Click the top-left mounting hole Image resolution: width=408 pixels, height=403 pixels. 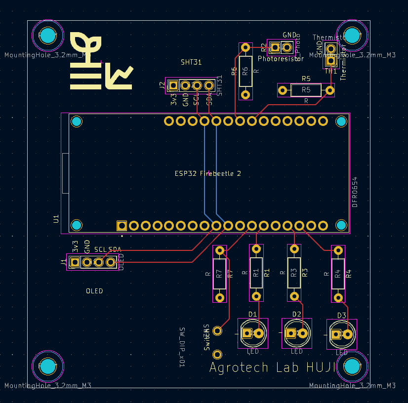[x=47, y=36]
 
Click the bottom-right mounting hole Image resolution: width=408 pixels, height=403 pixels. [x=352, y=366]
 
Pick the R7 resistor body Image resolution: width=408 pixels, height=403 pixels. [x=220, y=274]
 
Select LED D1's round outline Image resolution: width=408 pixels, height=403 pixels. [x=252, y=333]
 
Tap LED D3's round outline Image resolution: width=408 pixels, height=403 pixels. [x=342, y=334]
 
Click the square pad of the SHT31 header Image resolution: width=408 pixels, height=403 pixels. [x=173, y=85]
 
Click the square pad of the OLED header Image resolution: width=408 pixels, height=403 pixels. [x=75, y=262]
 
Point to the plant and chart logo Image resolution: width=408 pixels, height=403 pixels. [x=101, y=62]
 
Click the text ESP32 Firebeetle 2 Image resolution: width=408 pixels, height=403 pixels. [x=208, y=173]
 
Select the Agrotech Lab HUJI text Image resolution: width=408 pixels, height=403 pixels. [x=273, y=367]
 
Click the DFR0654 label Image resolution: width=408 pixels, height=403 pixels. [x=355, y=191]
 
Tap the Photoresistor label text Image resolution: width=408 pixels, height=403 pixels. [x=281, y=58]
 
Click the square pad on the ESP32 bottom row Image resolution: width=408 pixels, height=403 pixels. [x=122, y=226]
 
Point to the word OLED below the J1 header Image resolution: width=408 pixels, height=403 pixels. [x=94, y=291]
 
